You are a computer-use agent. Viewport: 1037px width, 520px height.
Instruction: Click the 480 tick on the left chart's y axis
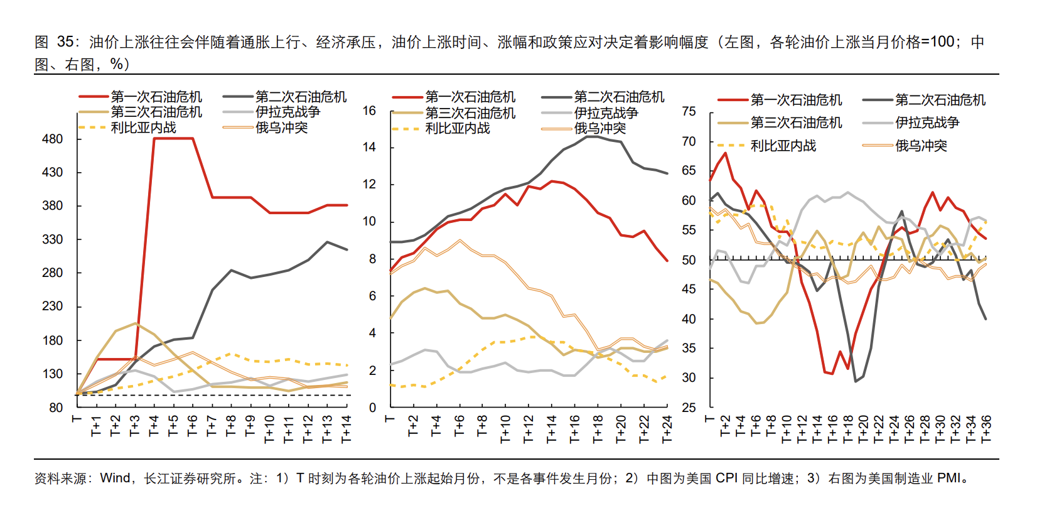(x=53, y=139)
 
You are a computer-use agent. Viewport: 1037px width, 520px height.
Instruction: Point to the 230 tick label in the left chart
(x=53, y=306)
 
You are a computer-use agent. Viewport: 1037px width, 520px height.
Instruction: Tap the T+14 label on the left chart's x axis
(x=346, y=428)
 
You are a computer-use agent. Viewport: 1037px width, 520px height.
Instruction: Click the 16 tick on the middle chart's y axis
(x=369, y=111)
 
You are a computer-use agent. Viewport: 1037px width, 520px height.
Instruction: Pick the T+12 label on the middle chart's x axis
(x=529, y=428)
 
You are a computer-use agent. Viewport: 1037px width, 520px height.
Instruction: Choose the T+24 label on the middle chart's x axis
(x=667, y=428)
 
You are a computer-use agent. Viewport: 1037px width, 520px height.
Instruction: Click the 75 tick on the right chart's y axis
(x=689, y=112)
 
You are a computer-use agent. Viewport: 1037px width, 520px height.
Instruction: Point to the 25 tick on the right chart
(x=689, y=408)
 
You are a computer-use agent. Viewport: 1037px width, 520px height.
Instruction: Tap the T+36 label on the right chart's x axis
(x=986, y=428)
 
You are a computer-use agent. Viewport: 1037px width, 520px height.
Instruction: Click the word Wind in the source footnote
(x=115, y=479)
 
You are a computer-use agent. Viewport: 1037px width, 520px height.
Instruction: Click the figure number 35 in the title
(x=65, y=42)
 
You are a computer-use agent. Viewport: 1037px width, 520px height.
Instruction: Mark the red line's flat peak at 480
(x=173, y=138)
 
